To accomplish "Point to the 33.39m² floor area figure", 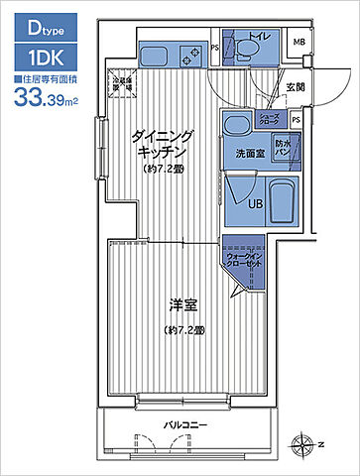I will coord(46,97).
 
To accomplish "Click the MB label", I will coord(299,42).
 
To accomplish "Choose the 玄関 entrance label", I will coord(295,86).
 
